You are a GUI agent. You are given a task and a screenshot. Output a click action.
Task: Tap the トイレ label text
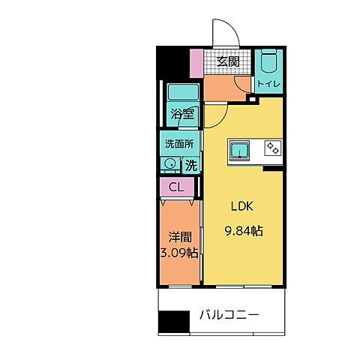pos(268,84)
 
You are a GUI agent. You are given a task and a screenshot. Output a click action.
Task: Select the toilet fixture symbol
pos(268,63)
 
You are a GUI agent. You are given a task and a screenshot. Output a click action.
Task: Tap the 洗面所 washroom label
pos(179,142)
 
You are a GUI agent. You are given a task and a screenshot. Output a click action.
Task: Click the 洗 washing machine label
pos(191,164)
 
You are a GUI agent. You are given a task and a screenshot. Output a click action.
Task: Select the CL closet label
pos(176,187)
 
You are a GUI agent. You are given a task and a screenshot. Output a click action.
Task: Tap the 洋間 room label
pos(177,235)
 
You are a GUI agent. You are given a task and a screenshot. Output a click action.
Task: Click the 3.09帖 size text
pos(178,253)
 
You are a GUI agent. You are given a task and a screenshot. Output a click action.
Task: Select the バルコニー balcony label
pos(229,315)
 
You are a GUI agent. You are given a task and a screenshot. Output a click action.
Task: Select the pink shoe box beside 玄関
pos(196,61)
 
